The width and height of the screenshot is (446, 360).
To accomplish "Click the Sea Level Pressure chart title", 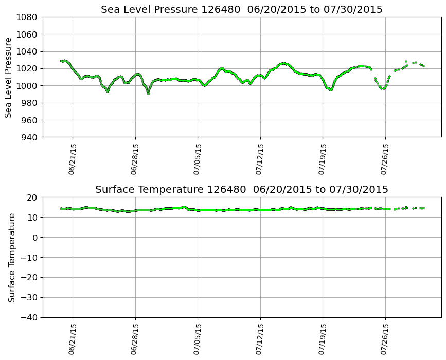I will (242, 10).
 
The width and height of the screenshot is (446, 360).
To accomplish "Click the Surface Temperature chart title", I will (242, 190).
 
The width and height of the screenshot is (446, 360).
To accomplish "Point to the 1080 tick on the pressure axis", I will (28, 17).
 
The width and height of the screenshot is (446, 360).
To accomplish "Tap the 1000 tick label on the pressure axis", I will (28, 86).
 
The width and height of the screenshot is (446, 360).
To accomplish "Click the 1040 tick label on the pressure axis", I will (28, 51).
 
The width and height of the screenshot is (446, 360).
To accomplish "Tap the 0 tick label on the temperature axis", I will (36, 238).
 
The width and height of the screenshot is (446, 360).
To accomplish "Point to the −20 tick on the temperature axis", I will (30, 278).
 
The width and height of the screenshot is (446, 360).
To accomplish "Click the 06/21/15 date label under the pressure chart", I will (72, 159).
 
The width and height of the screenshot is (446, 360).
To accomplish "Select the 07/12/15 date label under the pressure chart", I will (260, 159).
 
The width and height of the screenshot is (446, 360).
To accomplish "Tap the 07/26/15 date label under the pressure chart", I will (385, 159).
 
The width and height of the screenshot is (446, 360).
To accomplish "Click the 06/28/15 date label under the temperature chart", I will (135, 339).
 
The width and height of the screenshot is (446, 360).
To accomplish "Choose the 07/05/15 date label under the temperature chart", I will (198, 339).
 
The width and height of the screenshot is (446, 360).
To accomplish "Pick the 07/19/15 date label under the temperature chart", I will (323, 339).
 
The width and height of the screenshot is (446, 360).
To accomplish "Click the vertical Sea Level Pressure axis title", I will (9, 77).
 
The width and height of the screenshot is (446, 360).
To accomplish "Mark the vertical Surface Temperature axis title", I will (11, 257).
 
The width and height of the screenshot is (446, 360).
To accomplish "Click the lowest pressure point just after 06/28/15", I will (148, 93).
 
